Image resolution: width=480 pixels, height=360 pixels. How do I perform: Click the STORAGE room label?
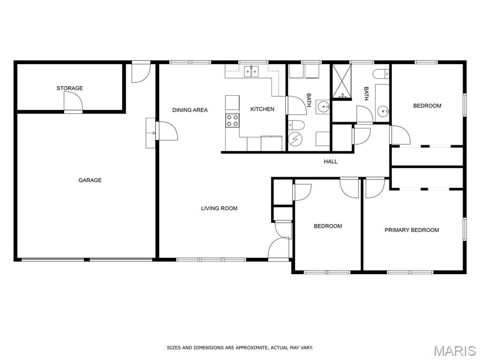pos(69,88)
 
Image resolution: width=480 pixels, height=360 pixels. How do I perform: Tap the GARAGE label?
pos(90,180)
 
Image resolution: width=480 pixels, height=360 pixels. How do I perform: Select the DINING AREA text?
pos(190,110)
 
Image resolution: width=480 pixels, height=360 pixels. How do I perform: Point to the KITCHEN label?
pos(262,109)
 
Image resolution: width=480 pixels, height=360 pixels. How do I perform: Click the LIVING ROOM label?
pos(219,209)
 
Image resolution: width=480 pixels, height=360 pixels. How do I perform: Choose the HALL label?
pos(330,162)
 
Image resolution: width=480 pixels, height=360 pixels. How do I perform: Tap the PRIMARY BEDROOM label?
pos(412,230)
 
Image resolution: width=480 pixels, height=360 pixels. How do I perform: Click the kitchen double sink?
pos(251,71)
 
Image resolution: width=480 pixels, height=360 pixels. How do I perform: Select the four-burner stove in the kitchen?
pos(232,120)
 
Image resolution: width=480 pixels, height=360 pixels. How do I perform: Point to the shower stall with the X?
pos(342,82)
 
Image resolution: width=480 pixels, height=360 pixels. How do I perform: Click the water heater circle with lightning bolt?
pos(294,140)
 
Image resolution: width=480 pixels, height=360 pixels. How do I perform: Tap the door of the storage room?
pos(73,102)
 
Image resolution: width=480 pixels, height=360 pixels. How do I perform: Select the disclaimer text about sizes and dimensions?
pos(240,348)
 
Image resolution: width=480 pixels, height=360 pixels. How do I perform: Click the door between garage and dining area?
pos(167,131)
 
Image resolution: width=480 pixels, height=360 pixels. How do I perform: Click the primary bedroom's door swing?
pos(375,187)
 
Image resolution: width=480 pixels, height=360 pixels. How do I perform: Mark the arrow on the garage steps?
pos(150,133)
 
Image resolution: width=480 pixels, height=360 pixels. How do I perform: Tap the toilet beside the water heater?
pos(296,125)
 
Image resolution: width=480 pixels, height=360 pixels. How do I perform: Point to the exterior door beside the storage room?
pos(141,72)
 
